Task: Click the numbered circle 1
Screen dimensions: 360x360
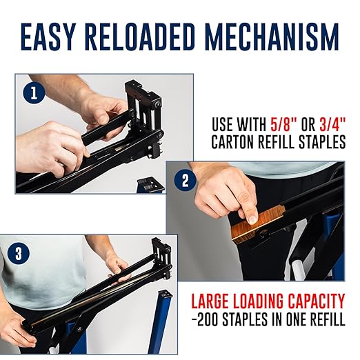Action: pyautogui.click(x=34, y=93)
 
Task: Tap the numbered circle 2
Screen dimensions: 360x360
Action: pyautogui.click(x=186, y=181)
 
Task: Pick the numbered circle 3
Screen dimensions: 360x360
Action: pyautogui.click(x=19, y=254)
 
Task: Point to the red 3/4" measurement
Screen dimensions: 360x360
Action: pyautogui.click(x=332, y=124)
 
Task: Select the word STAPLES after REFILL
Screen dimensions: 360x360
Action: pyautogui.click(x=321, y=141)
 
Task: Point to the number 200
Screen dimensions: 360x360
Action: pyautogui.click(x=207, y=319)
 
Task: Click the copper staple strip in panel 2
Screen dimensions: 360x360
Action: pyautogui.click(x=259, y=225)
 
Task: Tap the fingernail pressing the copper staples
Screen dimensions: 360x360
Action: pyautogui.click(x=253, y=219)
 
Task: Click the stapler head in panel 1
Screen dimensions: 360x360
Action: pyautogui.click(x=143, y=119)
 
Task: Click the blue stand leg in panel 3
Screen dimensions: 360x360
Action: pyautogui.click(x=160, y=322)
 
